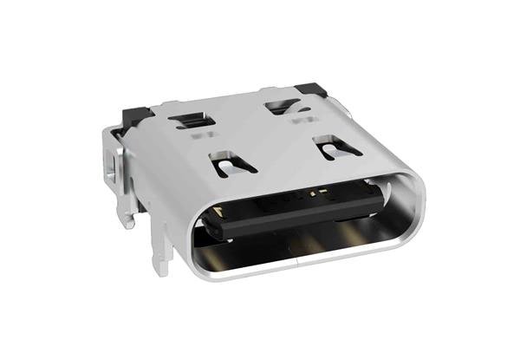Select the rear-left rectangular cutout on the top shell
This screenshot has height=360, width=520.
[192, 118]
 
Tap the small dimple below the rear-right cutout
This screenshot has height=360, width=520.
[303, 120]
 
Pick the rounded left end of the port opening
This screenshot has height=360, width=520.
[198, 234]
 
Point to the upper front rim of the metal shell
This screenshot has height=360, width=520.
[303, 178]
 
